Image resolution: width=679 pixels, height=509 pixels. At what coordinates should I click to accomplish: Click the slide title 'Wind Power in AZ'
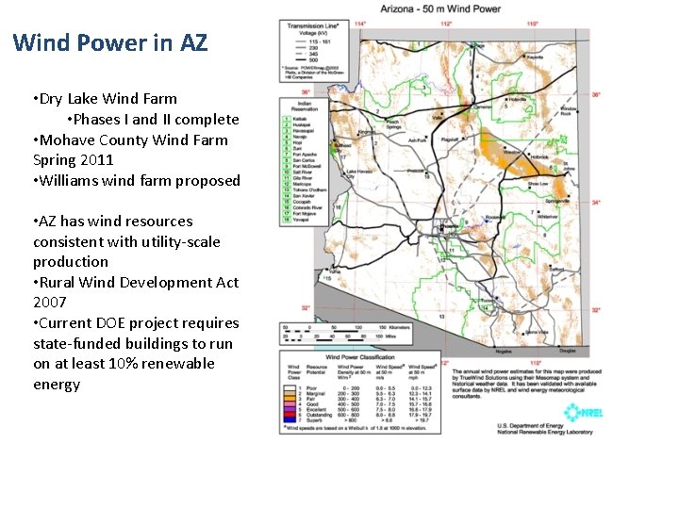point(110,42)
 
